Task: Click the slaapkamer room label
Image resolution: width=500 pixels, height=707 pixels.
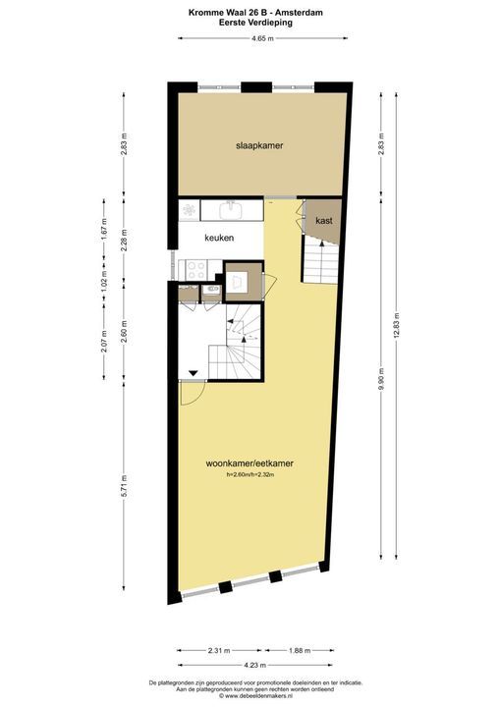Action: tap(259, 145)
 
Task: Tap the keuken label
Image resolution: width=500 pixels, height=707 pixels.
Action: tap(219, 238)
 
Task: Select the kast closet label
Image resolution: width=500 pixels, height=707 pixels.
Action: tap(324, 221)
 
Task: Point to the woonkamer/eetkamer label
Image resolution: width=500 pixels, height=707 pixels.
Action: tap(250, 463)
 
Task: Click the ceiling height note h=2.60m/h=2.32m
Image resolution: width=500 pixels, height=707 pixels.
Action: tap(250, 474)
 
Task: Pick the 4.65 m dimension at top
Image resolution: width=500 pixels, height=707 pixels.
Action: tap(262, 38)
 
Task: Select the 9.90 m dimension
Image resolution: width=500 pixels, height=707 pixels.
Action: tap(381, 379)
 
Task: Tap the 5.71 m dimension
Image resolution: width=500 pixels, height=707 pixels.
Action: tap(125, 486)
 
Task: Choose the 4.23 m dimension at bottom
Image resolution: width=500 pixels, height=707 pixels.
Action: tap(255, 665)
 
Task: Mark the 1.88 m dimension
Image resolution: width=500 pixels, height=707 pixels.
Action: tap(300, 650)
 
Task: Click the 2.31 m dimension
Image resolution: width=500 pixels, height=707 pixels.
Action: tap(219, 650)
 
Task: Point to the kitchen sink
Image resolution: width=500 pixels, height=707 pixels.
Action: tap(232, 209)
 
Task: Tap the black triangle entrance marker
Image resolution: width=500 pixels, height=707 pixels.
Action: tap(194, 373)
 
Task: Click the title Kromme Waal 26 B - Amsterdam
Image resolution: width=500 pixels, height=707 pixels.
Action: tap(255, 13)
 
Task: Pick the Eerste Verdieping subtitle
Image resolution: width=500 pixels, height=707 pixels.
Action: tap(255, 22)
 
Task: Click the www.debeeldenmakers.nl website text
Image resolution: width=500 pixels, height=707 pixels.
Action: tap(255, 696)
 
